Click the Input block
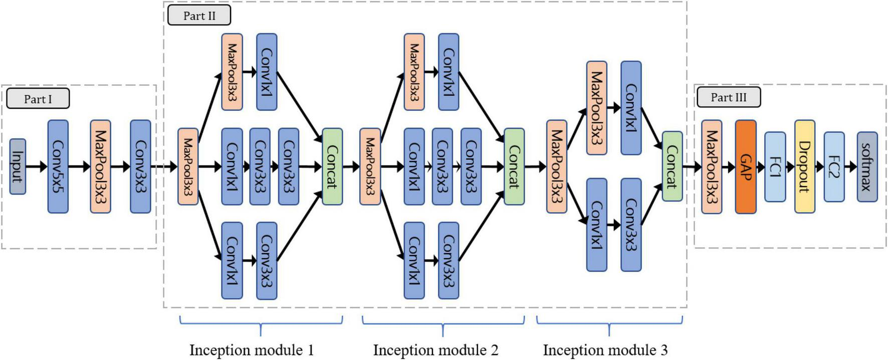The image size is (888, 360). click(18, 166)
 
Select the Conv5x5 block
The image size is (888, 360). click(58, 166)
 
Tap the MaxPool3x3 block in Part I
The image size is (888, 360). click(100, 166)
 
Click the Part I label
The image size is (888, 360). click(38, 99)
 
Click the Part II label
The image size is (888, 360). click(199, 16)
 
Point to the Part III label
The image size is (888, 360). click(728, 97)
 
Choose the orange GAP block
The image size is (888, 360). click(745, 166)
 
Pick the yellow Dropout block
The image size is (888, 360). click(804, 166)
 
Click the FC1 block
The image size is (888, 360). click(775, 166)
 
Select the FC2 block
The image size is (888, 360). click(833, 166)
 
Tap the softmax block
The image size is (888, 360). click(866, 166)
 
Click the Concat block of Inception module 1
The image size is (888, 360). click(332, 166)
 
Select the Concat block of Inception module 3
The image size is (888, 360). click(672, 166)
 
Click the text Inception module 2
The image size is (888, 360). click(435, 349)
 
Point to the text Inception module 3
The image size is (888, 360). click(605, 349)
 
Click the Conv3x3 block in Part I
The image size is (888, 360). click(140, 166)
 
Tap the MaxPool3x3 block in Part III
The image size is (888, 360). click(712, 166)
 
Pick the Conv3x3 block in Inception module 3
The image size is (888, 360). click(631, 225)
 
